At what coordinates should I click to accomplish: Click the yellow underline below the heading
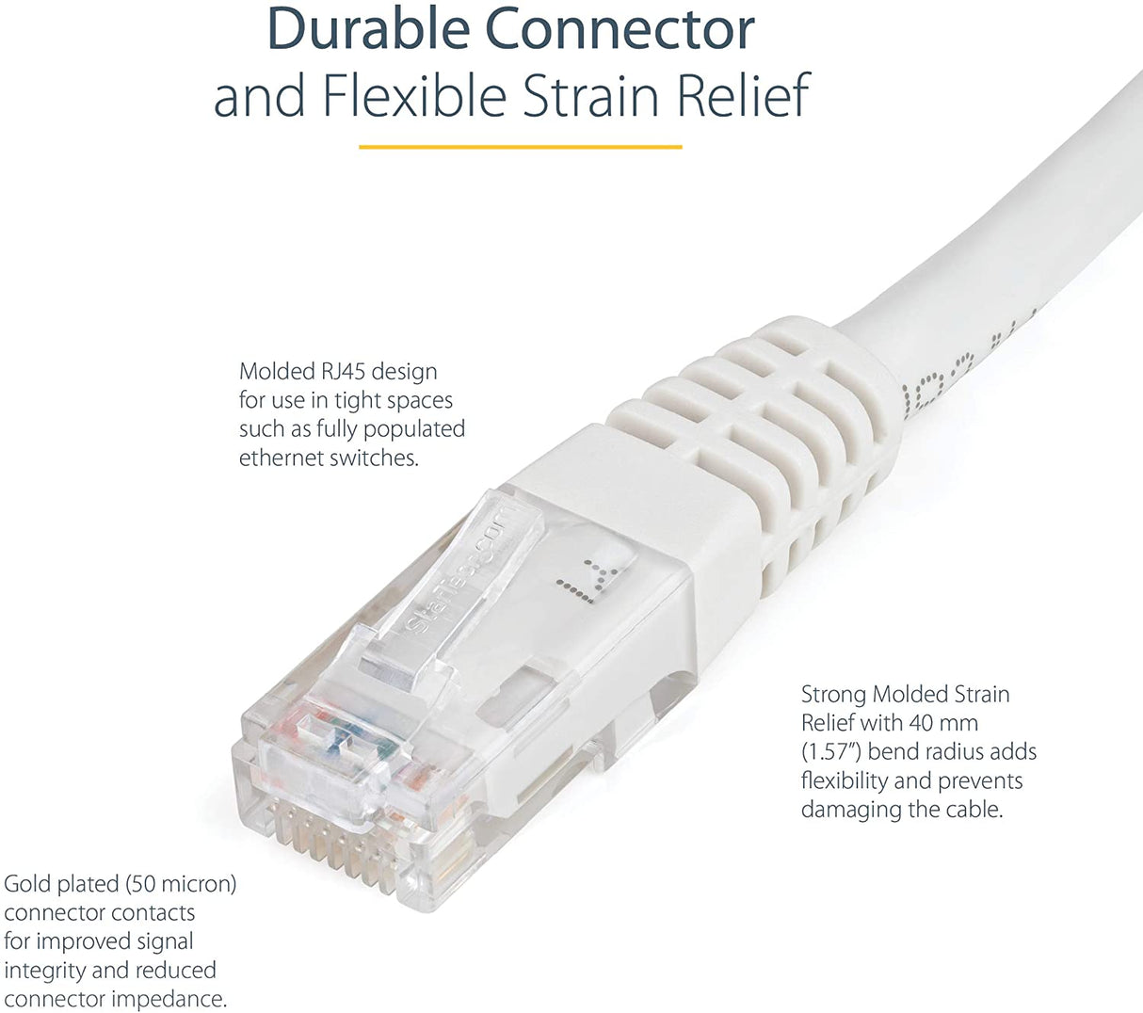tap(521, 147)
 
